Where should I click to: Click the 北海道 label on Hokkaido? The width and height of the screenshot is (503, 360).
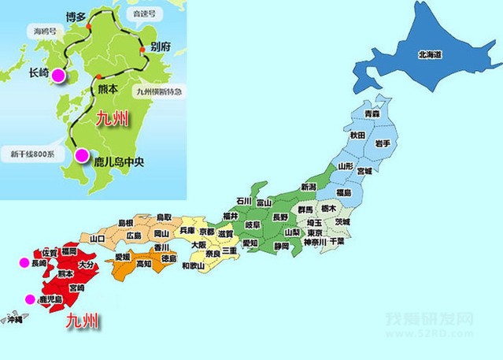432,54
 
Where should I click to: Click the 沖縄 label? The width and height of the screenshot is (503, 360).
13,321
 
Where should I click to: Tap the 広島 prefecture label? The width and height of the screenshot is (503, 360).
134,236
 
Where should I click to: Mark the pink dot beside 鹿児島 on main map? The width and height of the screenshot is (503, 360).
30,299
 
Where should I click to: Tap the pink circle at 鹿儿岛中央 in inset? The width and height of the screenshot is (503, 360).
80,156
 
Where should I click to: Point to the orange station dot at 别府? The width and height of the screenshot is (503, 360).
142,50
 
